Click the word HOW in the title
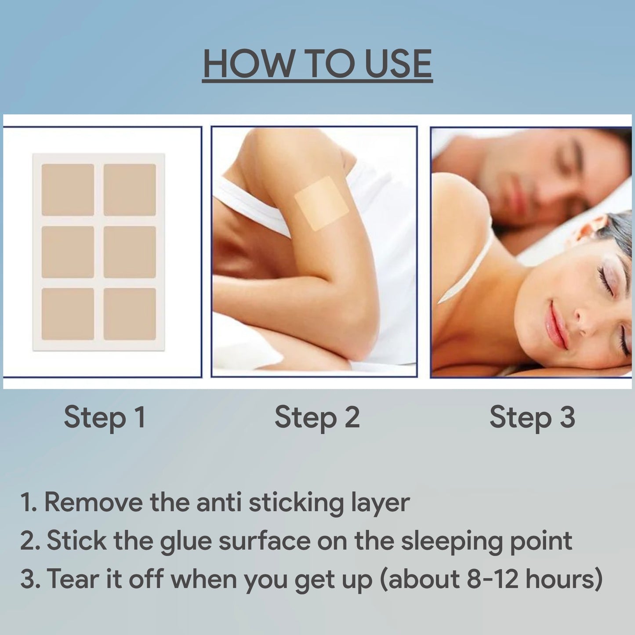tap(248, 64)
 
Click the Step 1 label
tap(105, 418)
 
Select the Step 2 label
tap(317, 418)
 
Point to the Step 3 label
tap(532, 418)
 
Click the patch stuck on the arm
tap(321, 203)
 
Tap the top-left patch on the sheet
tap(68, 190)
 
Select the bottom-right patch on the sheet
tap(130, 314)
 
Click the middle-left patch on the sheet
tap(68, 252)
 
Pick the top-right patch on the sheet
tap(130, 190)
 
